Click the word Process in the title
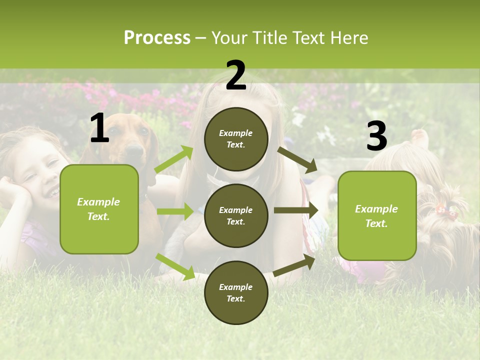click(x=157, y=37)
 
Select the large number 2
click(x=236, y=75)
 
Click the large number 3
click(x=376, y=136)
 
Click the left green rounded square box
click(x=99, y=209)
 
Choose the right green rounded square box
click(x=377, y=215)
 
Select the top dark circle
click(x=236, y=139)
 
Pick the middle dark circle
click(x=236, y=215)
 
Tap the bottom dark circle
click(x=236, y=292)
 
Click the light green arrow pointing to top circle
click(x=174, y=159)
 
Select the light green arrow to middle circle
click(x=175, y=211)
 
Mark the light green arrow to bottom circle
click(x=175, y=266)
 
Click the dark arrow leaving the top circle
click(x=297, y=159)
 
